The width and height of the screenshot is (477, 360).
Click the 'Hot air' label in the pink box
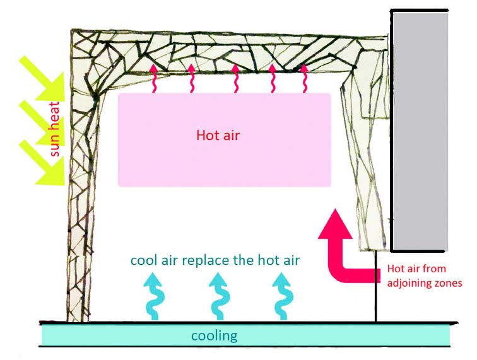click(x=218, y=135)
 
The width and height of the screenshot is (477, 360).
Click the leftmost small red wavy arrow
click(x=153, y=78)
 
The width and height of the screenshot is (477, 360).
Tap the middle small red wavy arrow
click(x=235, y=78)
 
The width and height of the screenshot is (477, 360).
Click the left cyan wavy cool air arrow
click(x=153, y=296)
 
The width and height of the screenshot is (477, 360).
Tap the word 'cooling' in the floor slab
click(x=214, y=335)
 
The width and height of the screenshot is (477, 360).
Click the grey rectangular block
click(x=420, y=129)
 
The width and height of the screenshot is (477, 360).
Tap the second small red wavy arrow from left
click(x=191, y=78)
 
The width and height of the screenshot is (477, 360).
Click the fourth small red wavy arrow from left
click(x=273, y=78)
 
